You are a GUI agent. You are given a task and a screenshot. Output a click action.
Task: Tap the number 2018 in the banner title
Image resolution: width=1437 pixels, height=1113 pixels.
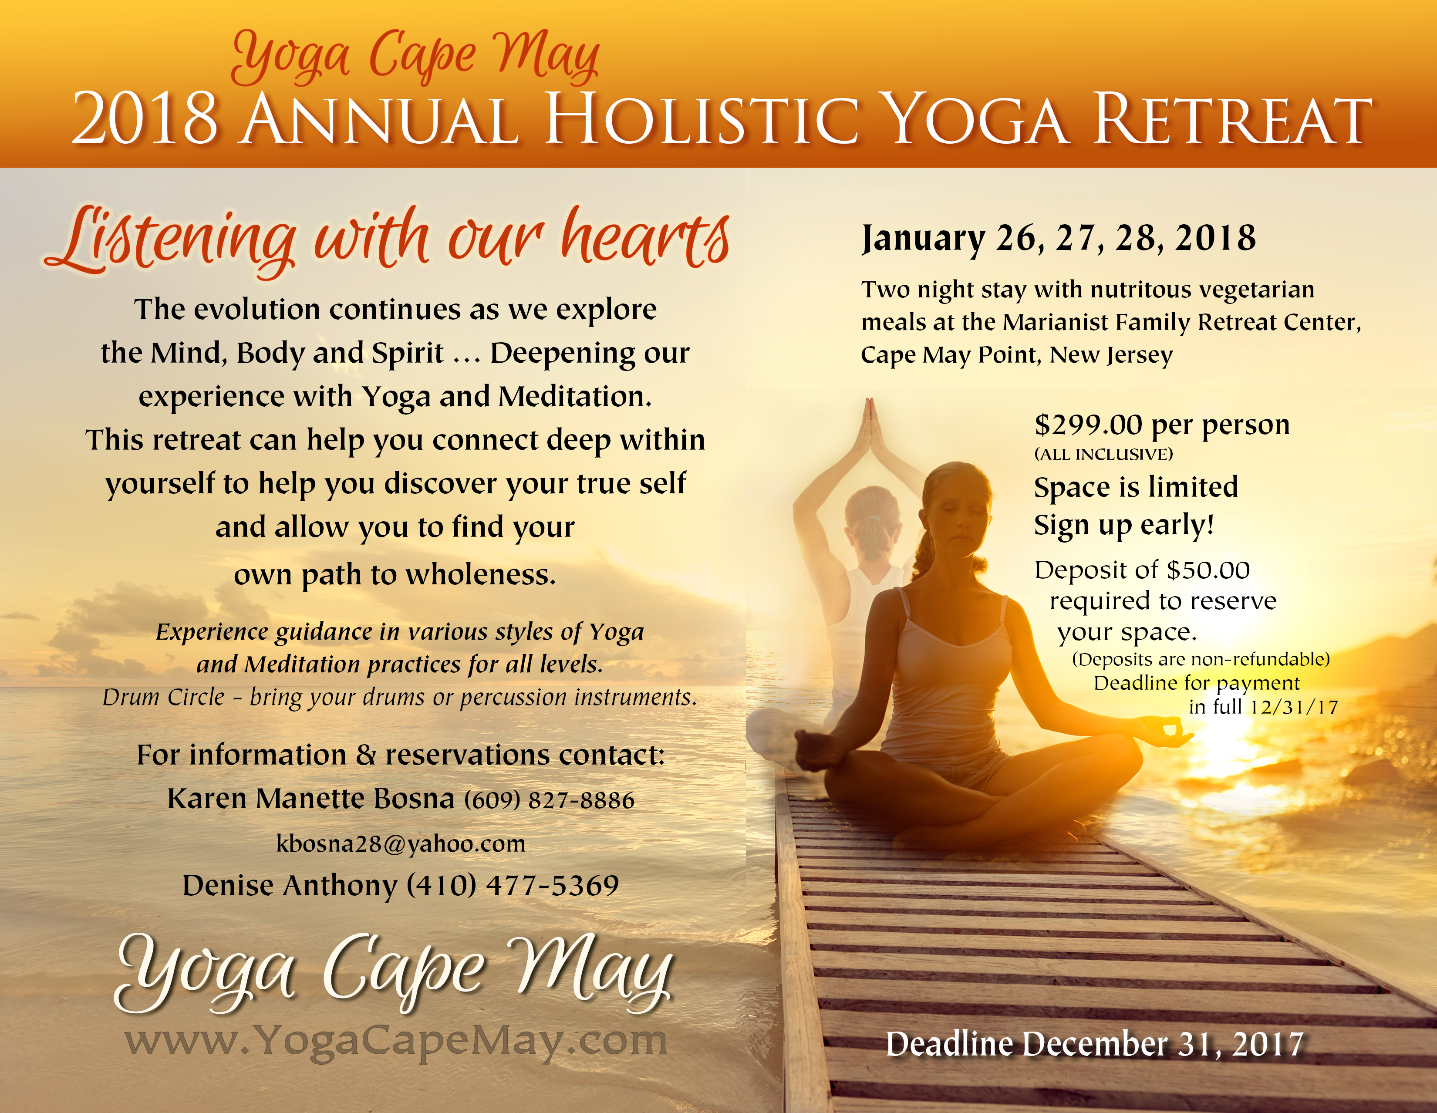145,120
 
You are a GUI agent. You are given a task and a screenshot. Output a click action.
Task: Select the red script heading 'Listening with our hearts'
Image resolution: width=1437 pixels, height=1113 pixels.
387,240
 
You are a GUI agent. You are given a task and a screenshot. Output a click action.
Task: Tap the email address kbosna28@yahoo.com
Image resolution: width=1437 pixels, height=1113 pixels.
401,843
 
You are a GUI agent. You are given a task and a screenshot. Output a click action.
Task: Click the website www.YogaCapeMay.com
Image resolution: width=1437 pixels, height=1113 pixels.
396,1043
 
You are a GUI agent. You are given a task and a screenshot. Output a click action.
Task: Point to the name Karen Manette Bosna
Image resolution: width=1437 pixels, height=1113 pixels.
310,799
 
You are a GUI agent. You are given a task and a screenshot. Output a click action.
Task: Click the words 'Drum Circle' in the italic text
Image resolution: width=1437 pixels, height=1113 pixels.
164,697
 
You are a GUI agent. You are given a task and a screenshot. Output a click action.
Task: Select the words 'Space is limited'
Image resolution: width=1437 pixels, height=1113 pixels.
1136,487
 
